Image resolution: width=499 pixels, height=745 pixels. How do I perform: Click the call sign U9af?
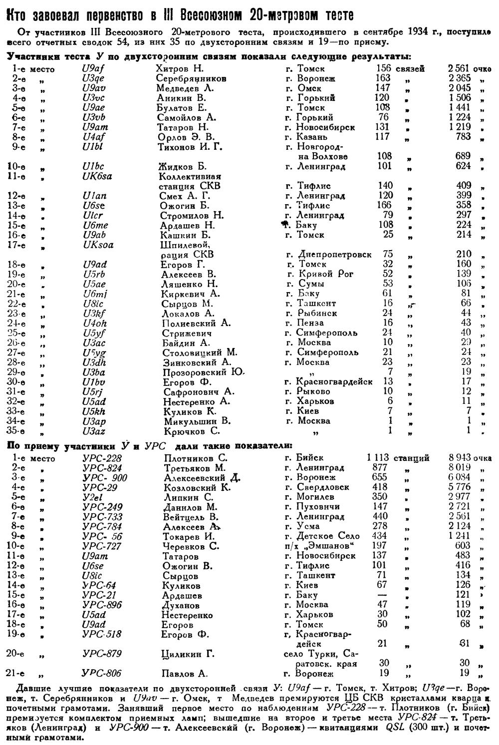93,68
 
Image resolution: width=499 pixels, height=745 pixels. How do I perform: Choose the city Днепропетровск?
334,254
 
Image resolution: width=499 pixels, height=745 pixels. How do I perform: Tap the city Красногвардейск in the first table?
335,381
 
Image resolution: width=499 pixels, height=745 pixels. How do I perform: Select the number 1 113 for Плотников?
377,457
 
